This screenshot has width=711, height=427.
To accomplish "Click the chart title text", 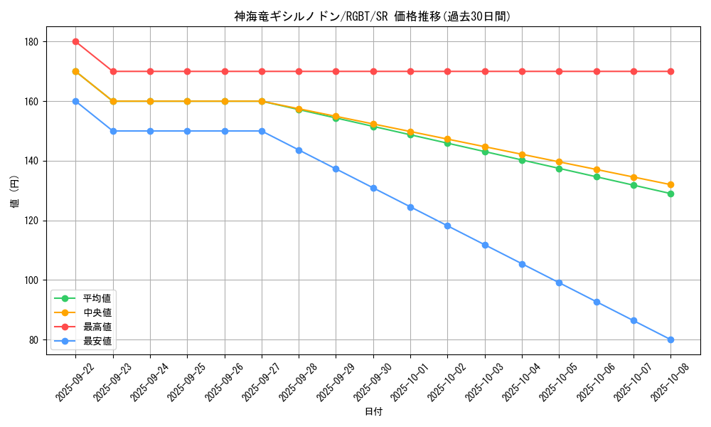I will tap(373, 16).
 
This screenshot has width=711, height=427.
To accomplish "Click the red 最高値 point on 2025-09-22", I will tap(75, 41).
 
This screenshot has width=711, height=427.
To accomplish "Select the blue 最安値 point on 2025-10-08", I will tap(670, 339).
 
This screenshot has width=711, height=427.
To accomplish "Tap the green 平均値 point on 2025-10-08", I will tap(670, 194).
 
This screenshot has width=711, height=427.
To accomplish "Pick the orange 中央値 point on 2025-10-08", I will tap(670, 185).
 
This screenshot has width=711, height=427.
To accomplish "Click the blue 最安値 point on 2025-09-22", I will tap(75, 101).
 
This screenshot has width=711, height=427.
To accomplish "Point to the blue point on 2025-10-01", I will tap(410, 207).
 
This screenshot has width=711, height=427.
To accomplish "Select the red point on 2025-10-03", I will tap(485, 71).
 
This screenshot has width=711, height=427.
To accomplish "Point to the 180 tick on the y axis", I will tap(31, 42).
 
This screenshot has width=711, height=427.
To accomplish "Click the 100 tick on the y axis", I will tap(31, 280).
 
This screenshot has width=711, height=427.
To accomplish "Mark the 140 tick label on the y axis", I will tap(31, 162).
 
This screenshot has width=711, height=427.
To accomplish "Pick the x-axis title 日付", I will tap(373, 412).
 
